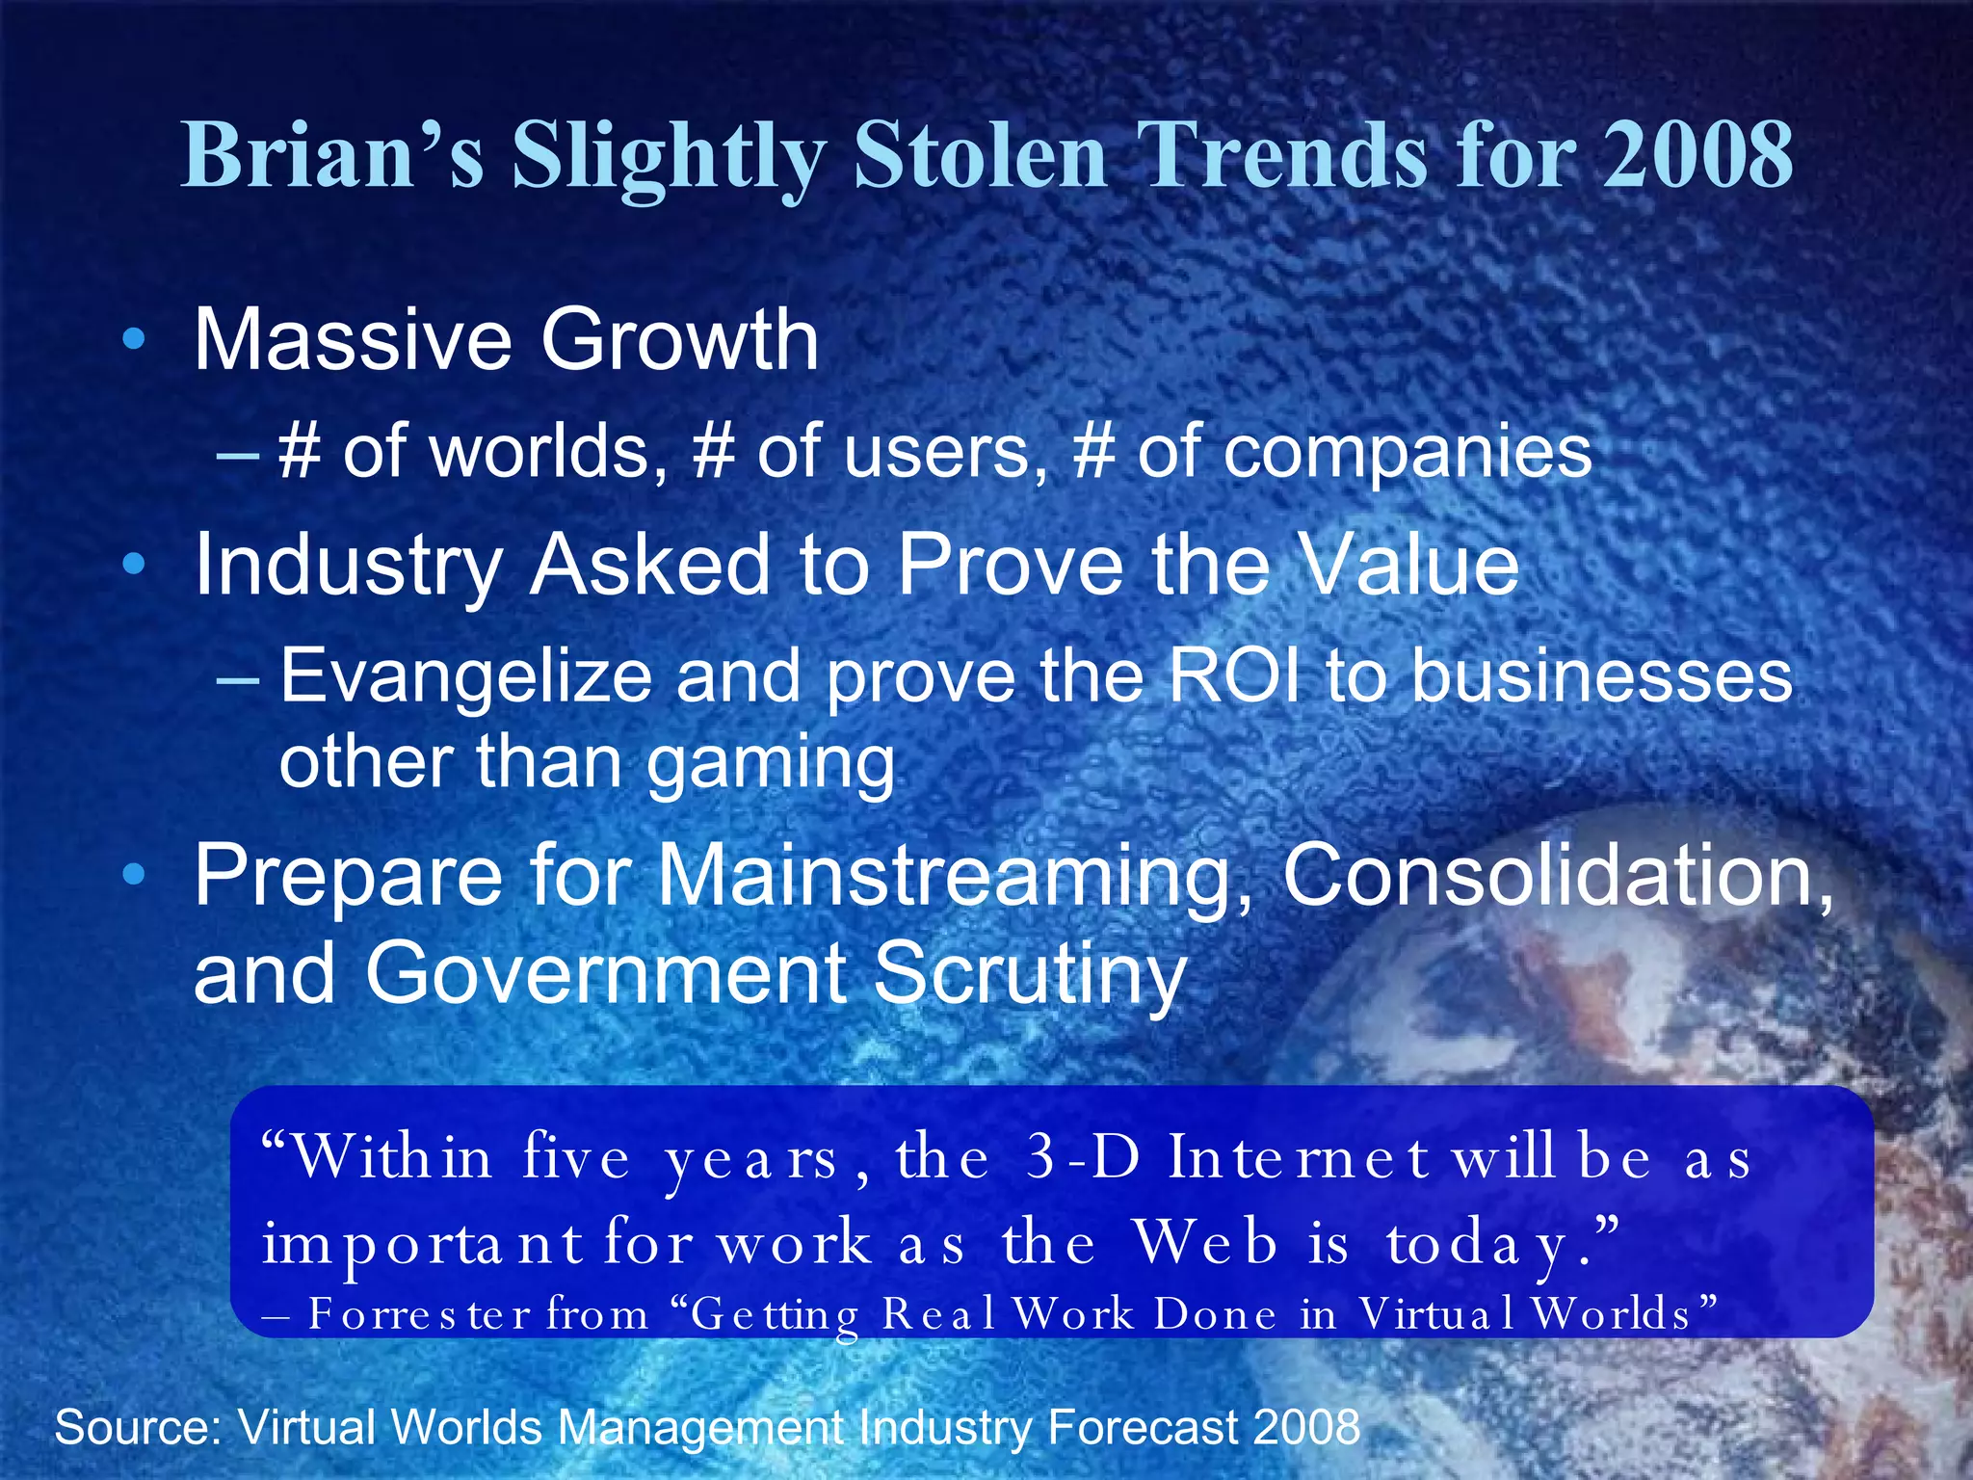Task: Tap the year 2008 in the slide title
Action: (x=1697, y=156)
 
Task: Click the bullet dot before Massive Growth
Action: (x=135, y=339)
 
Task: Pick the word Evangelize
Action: (x=466, y=676)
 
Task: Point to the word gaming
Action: (x=770, y=763)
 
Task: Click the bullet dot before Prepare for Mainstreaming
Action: (x=135, y=874)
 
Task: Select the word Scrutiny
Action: (x=1030, y=973)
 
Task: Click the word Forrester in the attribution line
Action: (x=419, y=1314)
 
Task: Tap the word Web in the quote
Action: (x=1205, y=1243)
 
